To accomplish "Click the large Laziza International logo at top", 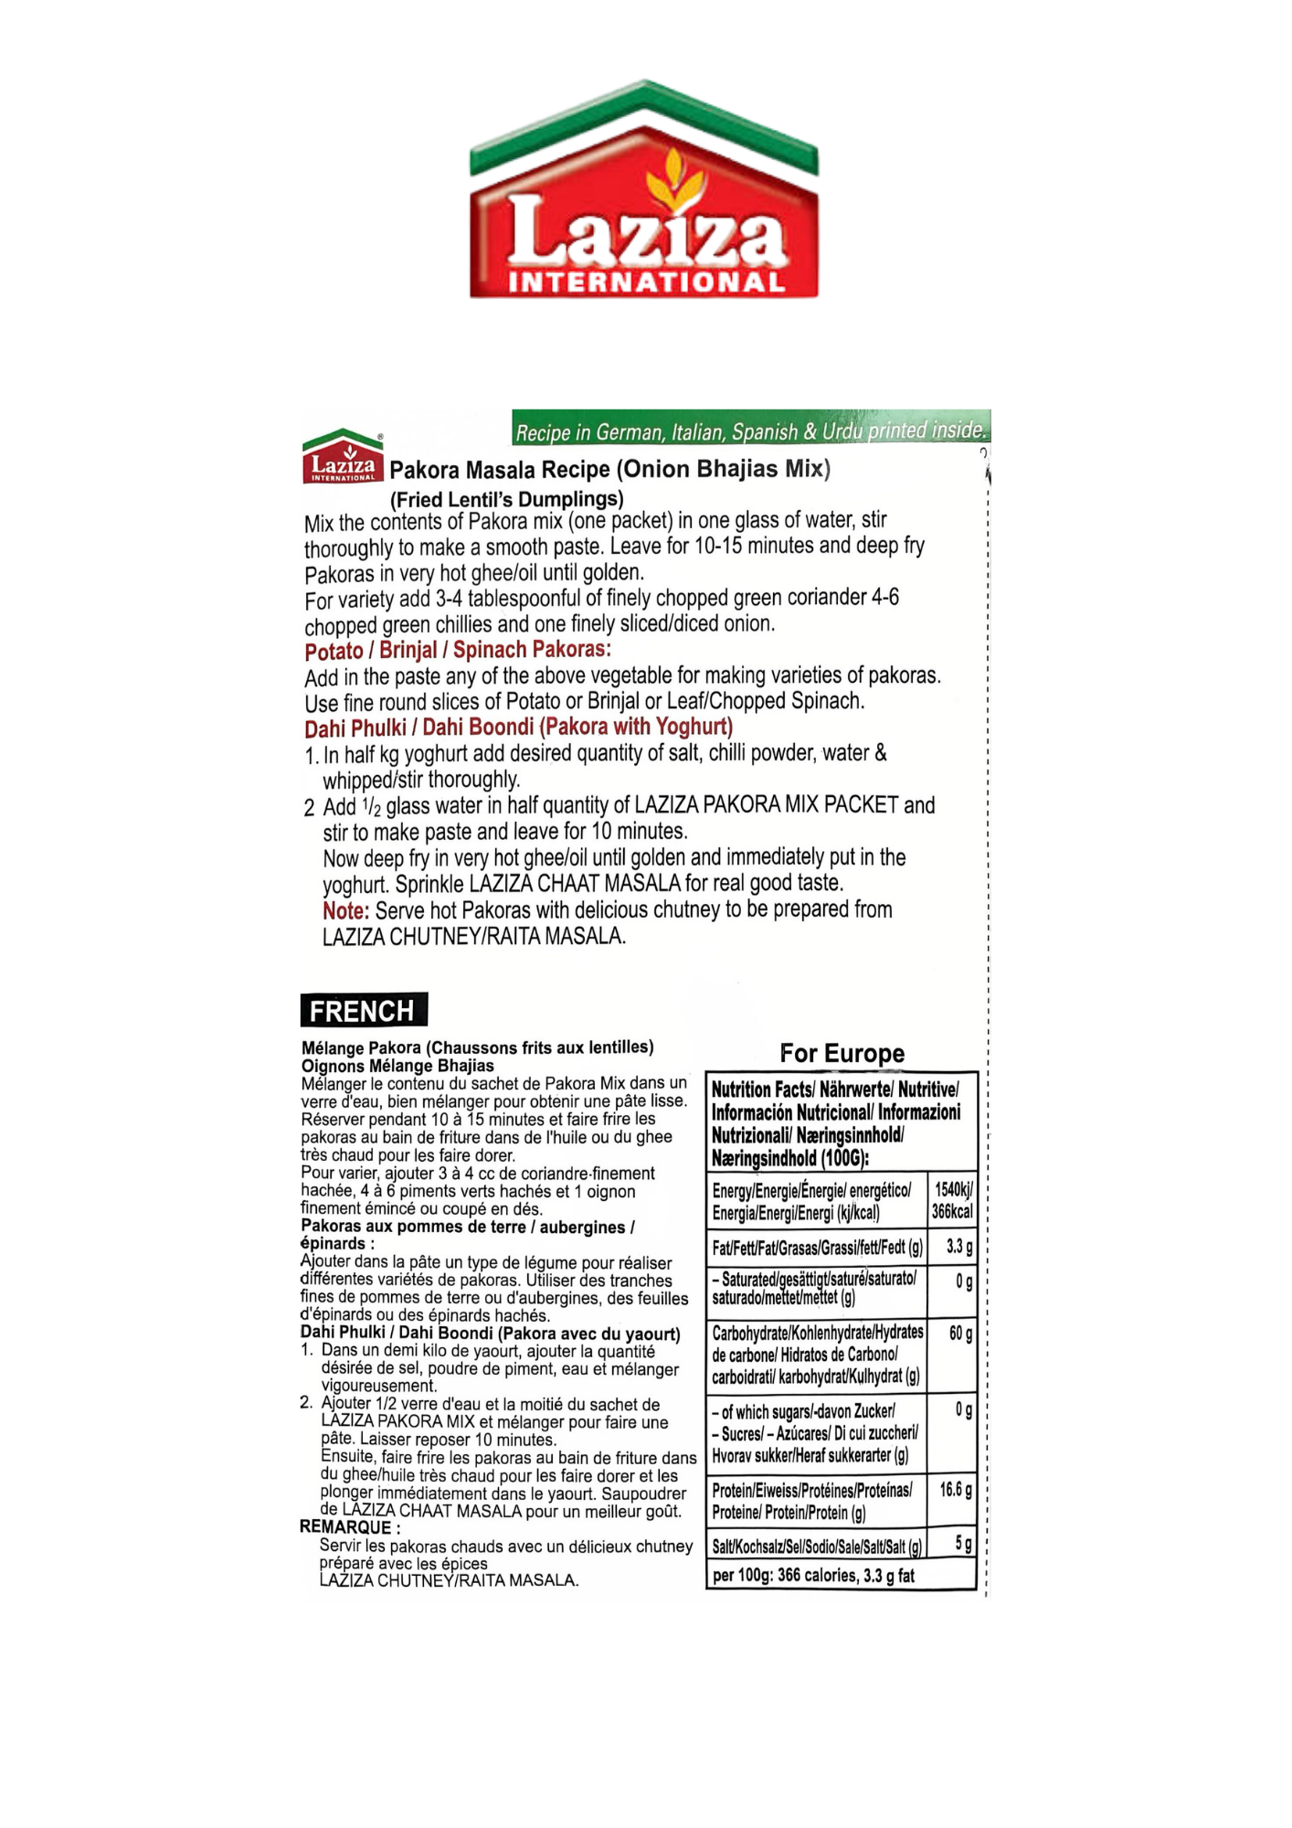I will (644, 192).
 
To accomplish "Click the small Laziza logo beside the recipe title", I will (343, 457).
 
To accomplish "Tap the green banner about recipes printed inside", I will (751, 430).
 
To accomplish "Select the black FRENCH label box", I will (363, 1011).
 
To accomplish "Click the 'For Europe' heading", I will (842, 1054).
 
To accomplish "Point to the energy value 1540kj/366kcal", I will (952, 1201).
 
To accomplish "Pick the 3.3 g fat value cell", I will (958, 1247).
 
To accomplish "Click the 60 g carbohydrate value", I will (959, 1334).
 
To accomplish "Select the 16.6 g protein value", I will (955, 1490).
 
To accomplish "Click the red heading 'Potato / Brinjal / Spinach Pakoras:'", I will (457, 651).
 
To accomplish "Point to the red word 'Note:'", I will (345, 911).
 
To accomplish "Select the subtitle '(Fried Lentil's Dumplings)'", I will (506, 500).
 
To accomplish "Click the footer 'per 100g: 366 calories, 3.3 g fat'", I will (813, 1576).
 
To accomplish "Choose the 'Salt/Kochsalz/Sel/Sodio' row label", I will (816, 1546).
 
